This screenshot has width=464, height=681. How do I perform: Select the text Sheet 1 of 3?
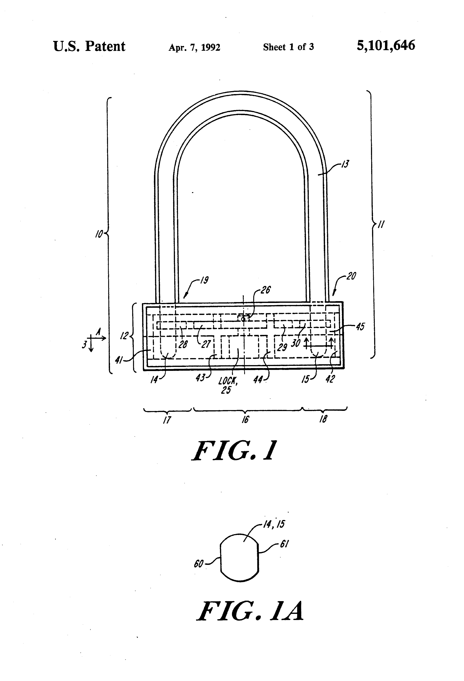pos(288,47)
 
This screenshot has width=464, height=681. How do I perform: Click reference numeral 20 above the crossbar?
pos(351,276)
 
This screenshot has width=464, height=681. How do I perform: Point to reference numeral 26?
pos(266,290)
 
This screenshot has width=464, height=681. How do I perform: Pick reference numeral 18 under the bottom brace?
pos(323,419)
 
